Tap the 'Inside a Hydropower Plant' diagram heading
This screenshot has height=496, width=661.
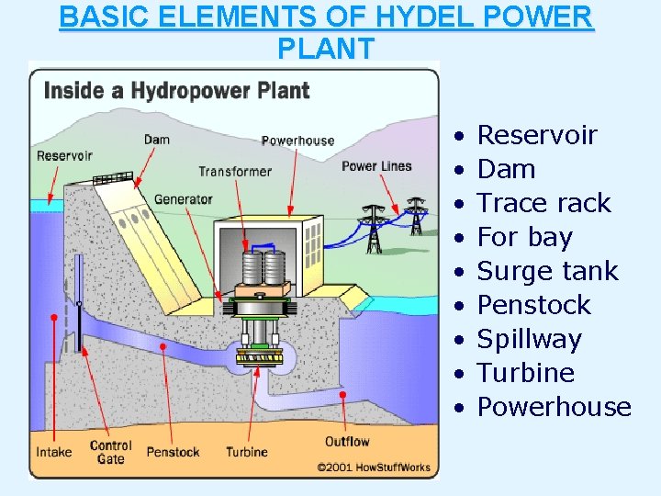pos(176,91)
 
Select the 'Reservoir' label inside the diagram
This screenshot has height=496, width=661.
pos(64,155)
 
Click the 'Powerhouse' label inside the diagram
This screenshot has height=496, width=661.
pos(297,141)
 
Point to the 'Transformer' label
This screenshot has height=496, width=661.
pos(235,171)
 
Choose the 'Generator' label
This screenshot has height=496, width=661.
pos(183,198)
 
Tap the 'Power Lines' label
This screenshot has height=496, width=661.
pos(376,166)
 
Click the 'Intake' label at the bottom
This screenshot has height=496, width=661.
pos(53,452)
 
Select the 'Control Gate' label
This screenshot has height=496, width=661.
pos(111,452)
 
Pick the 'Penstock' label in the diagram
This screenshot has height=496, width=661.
pos(173,452)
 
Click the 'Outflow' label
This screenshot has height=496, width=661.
pos(346,442)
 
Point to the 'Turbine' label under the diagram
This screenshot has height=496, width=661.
pos(247,452)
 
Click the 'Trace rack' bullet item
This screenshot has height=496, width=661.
pos(543,203)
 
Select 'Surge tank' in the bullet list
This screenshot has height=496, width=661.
pos(548,271)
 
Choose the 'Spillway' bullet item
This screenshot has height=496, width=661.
pos(530,339)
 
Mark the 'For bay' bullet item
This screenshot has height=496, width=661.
pos(524,237)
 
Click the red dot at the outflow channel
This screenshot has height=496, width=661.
pos(343,395)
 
